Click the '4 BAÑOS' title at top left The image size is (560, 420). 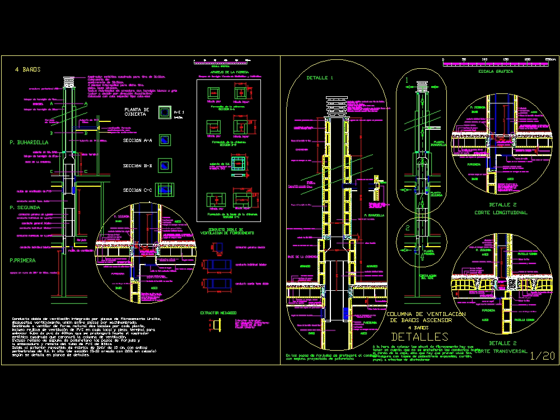[29, 69]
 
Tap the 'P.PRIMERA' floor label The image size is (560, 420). [23, 260]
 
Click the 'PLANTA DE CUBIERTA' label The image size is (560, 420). [137, 112]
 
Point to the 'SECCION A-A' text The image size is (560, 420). [137, 140]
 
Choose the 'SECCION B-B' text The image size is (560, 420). [137, 166]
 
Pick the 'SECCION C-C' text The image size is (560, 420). [137, 191]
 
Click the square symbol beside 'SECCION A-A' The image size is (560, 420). [164, 139]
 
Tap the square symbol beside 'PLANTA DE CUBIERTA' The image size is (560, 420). [164, 112]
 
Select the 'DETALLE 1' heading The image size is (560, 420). [319, 78]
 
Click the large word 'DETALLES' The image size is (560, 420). [419, 337]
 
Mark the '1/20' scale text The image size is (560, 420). [541, 356]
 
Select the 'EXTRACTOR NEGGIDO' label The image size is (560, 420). [218, 313]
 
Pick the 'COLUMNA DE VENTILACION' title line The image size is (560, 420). [426, 314]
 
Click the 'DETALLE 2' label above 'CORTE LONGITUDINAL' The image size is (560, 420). [502, 205]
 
